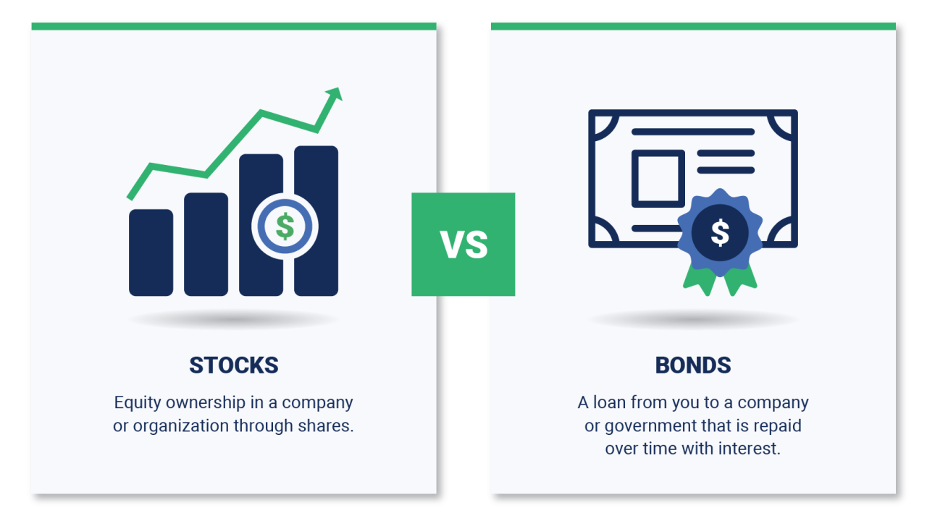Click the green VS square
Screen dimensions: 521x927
point(463,245)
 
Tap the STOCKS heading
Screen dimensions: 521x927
point(233,365)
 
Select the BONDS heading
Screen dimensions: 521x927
point(693,365)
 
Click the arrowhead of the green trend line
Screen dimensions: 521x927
point(334,94)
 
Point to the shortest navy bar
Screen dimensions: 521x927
point(151,253)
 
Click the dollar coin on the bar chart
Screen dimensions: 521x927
point(285,226)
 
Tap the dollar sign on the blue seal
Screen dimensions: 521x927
point(720,232)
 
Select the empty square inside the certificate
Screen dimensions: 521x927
point(658,178)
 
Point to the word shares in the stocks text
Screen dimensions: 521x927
point(327,425)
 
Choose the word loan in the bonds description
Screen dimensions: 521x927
point(612,402)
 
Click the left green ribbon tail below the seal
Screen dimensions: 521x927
point(700,281)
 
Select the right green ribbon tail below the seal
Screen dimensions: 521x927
point(742,281)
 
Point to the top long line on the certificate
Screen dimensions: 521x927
point(693,132)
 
